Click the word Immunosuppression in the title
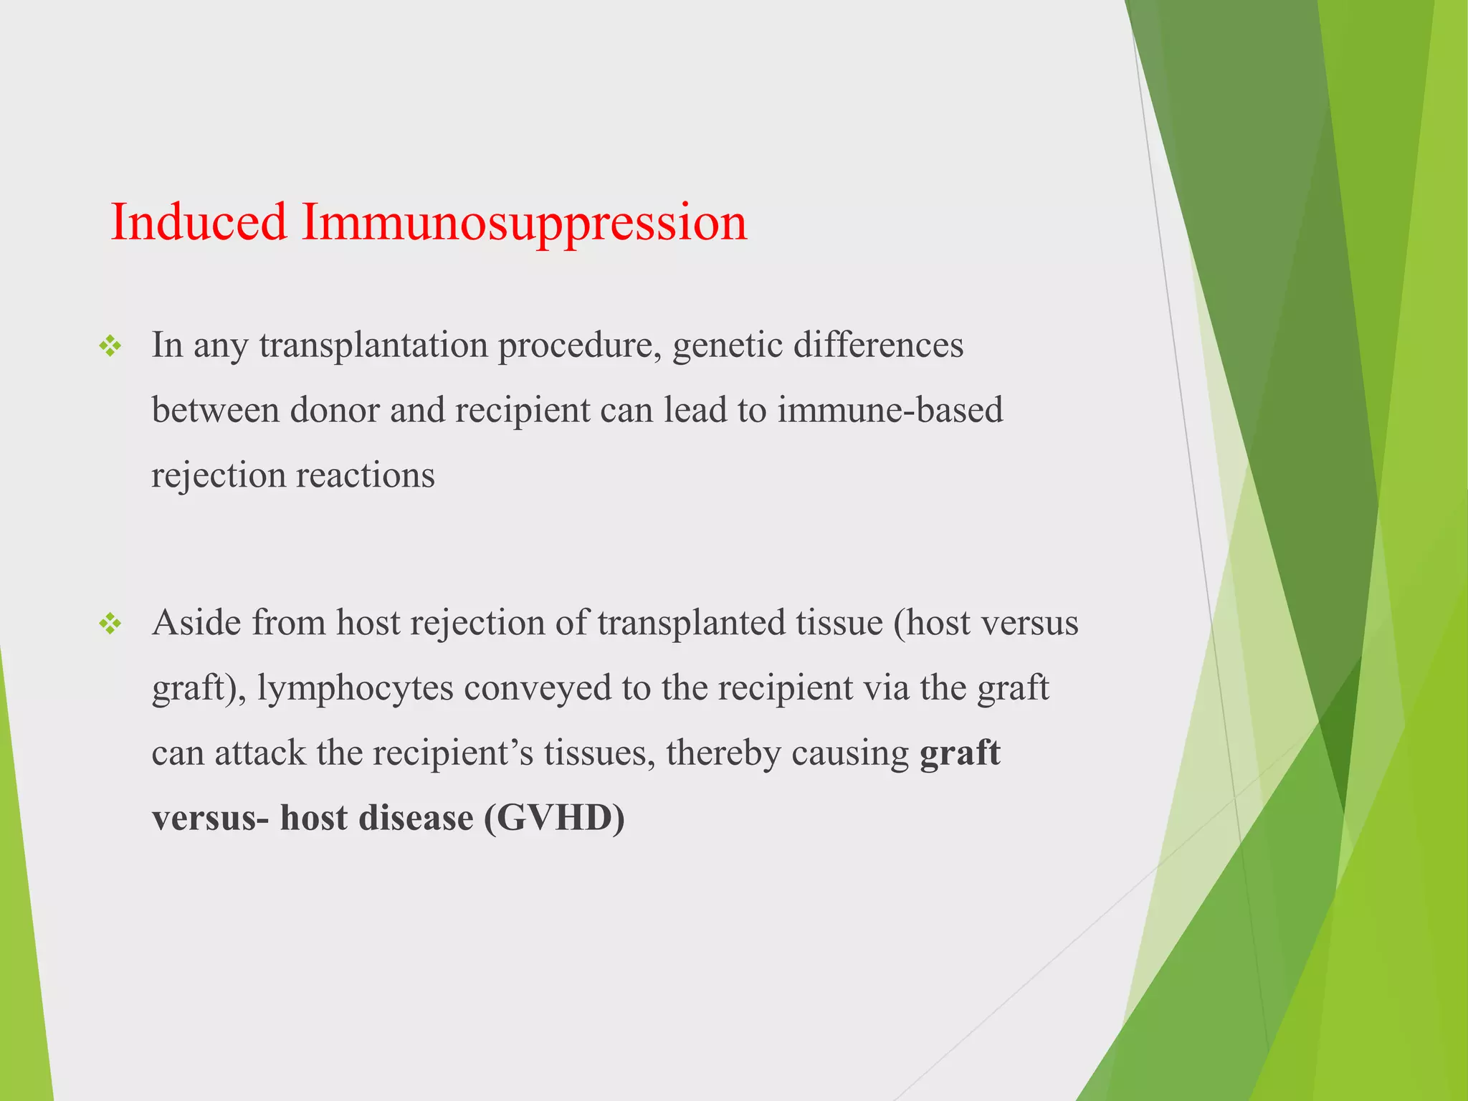pyautogui.click(x=524, y=224)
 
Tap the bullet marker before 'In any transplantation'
pyautogui.click(x=111, y=348)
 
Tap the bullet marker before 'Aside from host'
pyautogui.click(x=111, y=624)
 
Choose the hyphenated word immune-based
pyautogui.click(x=890, y=411)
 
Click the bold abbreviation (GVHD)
pyautogui.click(x=554, y=818)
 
